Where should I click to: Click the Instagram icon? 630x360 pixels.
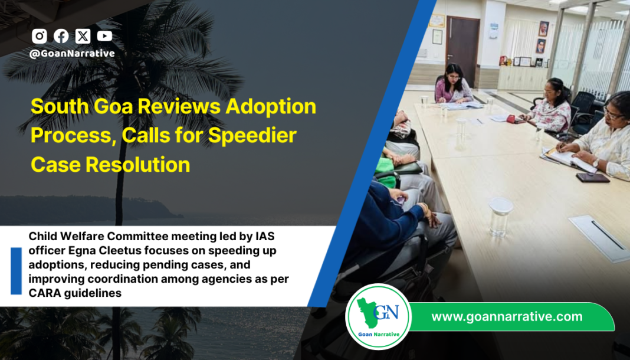tap(40, 36)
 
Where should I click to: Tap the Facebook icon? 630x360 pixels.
tap(61, 36)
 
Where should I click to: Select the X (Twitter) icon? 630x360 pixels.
tap(83, 36)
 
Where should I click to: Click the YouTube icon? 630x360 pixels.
tap(104, 36)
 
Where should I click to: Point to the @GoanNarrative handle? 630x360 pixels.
tap(72, 53)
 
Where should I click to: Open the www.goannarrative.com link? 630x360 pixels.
tap(507, 317)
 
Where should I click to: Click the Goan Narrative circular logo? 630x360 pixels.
tap(378, 317)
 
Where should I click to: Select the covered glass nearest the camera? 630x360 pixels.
tap(501, 217)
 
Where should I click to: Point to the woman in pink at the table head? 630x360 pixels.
tap(452, 86)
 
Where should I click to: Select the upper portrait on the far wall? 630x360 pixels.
tap(543, 28)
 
